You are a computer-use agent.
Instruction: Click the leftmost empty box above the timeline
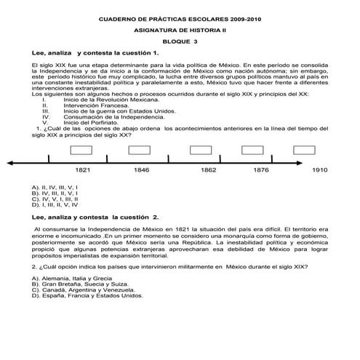pyautogui.click(x=81, y=150)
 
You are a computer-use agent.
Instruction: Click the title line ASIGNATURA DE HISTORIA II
pyautogui.click(x=180, y=30)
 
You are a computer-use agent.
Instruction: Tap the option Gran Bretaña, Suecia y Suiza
pyautogui.click(x=80, y=284)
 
